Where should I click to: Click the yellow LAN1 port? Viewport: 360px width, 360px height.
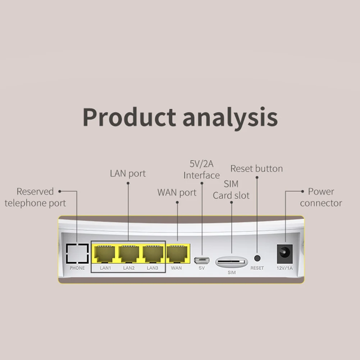click(104, 254)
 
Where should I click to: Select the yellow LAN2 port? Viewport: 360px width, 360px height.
click(128, 254)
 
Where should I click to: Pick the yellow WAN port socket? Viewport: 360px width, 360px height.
click(177, 254)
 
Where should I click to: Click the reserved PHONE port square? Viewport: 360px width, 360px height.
click(77, 254)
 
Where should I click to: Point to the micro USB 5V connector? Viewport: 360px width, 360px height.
click(202, 259)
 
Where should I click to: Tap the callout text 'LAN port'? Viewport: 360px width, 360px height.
click(128, 173)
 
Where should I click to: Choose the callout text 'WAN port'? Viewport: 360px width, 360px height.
click(177, 192)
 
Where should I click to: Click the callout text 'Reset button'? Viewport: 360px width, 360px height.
click(256, 168)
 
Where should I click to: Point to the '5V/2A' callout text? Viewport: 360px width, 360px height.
click(201, 164)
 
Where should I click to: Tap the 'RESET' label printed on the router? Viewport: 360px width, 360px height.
click(257, 268)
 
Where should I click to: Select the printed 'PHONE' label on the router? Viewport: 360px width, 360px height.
click(77, 268)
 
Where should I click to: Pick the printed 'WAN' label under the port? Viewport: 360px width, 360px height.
click(176, 268)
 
